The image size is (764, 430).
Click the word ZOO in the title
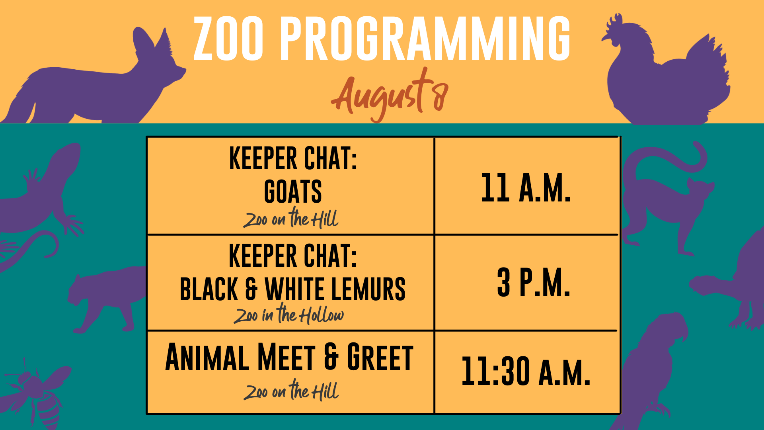tap(228, 39)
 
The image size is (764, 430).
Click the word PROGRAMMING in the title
tap(425, 39)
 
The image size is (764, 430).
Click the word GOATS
tap(293, 192)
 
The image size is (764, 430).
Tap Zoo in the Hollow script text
tap(288, 314)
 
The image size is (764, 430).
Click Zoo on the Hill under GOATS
tap(291, 218)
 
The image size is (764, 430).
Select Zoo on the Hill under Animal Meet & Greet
tap(291, 390)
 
